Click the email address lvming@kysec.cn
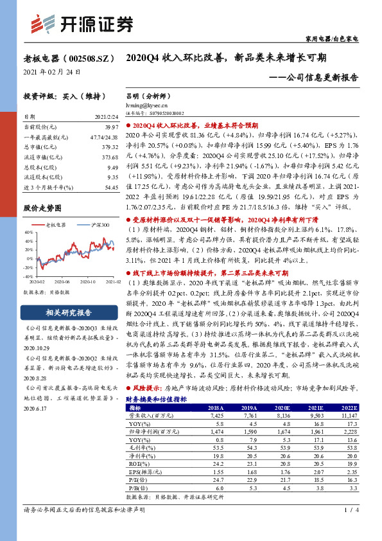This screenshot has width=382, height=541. (x=148, y=104)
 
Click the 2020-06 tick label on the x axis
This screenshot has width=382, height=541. (x=64, y=281)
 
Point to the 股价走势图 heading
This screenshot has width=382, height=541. (x=42, y=208)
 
